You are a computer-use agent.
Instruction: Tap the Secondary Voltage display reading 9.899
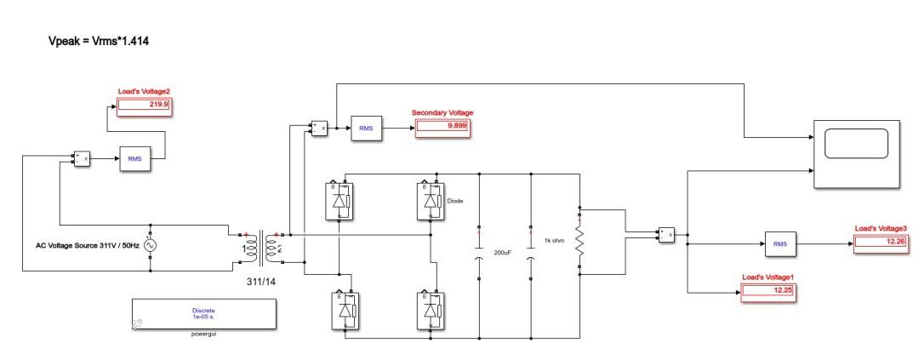[442, 127]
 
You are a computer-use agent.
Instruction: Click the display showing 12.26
[880, 242]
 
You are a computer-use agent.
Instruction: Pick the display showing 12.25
[768, 292]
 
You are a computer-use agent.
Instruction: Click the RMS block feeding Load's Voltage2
[134, 158]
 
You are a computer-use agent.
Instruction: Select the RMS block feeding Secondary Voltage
[367, 128]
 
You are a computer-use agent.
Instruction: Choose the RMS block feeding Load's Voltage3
[779, 244]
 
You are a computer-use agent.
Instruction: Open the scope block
[857, 154]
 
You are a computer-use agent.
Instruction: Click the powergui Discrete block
[203, 314]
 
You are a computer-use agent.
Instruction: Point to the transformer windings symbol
[260, 248]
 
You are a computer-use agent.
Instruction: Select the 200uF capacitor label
[504, 253]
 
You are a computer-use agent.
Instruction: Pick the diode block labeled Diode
[430, 201]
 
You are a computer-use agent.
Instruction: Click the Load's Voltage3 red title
[881, 228]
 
